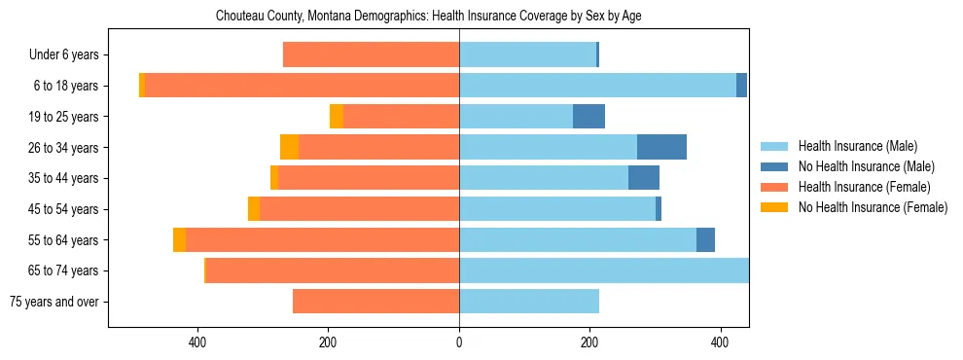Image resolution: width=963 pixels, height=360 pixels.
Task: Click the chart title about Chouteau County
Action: (x=482, y=17)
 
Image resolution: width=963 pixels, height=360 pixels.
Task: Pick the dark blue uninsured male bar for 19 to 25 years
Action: (x=588, y=117)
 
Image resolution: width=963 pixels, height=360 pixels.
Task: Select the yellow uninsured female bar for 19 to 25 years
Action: (x=337, y=117)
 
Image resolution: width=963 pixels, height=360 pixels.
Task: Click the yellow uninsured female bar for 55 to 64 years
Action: (x=179, y=239)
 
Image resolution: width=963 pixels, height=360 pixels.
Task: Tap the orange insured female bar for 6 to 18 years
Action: (x=302, y=86)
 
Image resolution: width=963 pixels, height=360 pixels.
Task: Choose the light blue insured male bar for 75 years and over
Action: (x=528, y=302)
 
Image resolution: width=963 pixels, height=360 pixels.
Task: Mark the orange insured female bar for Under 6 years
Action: (x=371, y=55)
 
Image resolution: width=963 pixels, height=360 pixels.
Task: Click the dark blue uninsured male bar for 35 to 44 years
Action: (x=643, y=178)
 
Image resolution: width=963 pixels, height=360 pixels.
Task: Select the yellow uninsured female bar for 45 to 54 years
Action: (x=254, y=209)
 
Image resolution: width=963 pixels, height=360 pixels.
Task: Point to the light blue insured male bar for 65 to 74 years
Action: (x=603, y=270)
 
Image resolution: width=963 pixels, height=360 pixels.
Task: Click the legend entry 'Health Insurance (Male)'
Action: (x=857, y=146)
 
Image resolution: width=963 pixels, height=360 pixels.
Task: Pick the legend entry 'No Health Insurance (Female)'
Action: (x=872, y=207)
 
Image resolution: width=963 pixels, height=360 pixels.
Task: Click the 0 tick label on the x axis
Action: (x=459, y=342)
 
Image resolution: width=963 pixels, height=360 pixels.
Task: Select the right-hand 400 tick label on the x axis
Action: (x=720, y=342)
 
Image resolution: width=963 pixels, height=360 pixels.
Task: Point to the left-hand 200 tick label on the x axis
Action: (x=329, y=342)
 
